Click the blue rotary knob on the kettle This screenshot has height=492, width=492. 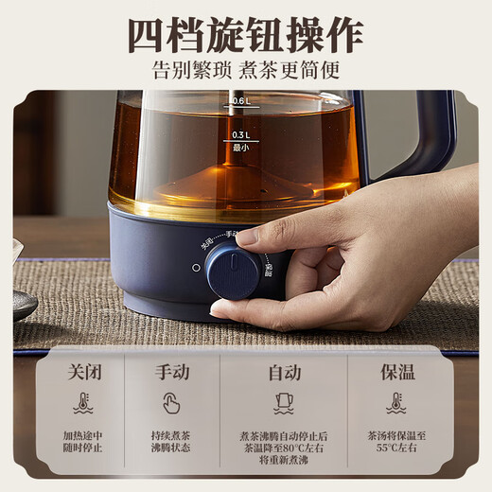(233, 271)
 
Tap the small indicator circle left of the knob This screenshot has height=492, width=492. (196, 268)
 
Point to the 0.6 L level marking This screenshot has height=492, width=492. (239, 100)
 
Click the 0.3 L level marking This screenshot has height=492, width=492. (239, 134)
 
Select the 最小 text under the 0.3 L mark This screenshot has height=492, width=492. (239, 148)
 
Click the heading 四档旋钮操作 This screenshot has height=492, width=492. (246, 35)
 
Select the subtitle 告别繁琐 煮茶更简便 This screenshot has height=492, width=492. (246, 70)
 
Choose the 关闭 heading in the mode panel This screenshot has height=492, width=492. (83, 372)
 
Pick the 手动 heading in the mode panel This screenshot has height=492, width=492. (172, 372)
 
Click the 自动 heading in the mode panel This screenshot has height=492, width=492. (284, 372)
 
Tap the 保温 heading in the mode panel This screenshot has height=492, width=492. (398, 372)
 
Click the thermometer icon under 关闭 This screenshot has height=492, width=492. (83, 403)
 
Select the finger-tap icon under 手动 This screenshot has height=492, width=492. (171, 403)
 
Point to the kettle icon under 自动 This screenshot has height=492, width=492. (284, 403)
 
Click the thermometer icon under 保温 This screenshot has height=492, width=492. (396, 403)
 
